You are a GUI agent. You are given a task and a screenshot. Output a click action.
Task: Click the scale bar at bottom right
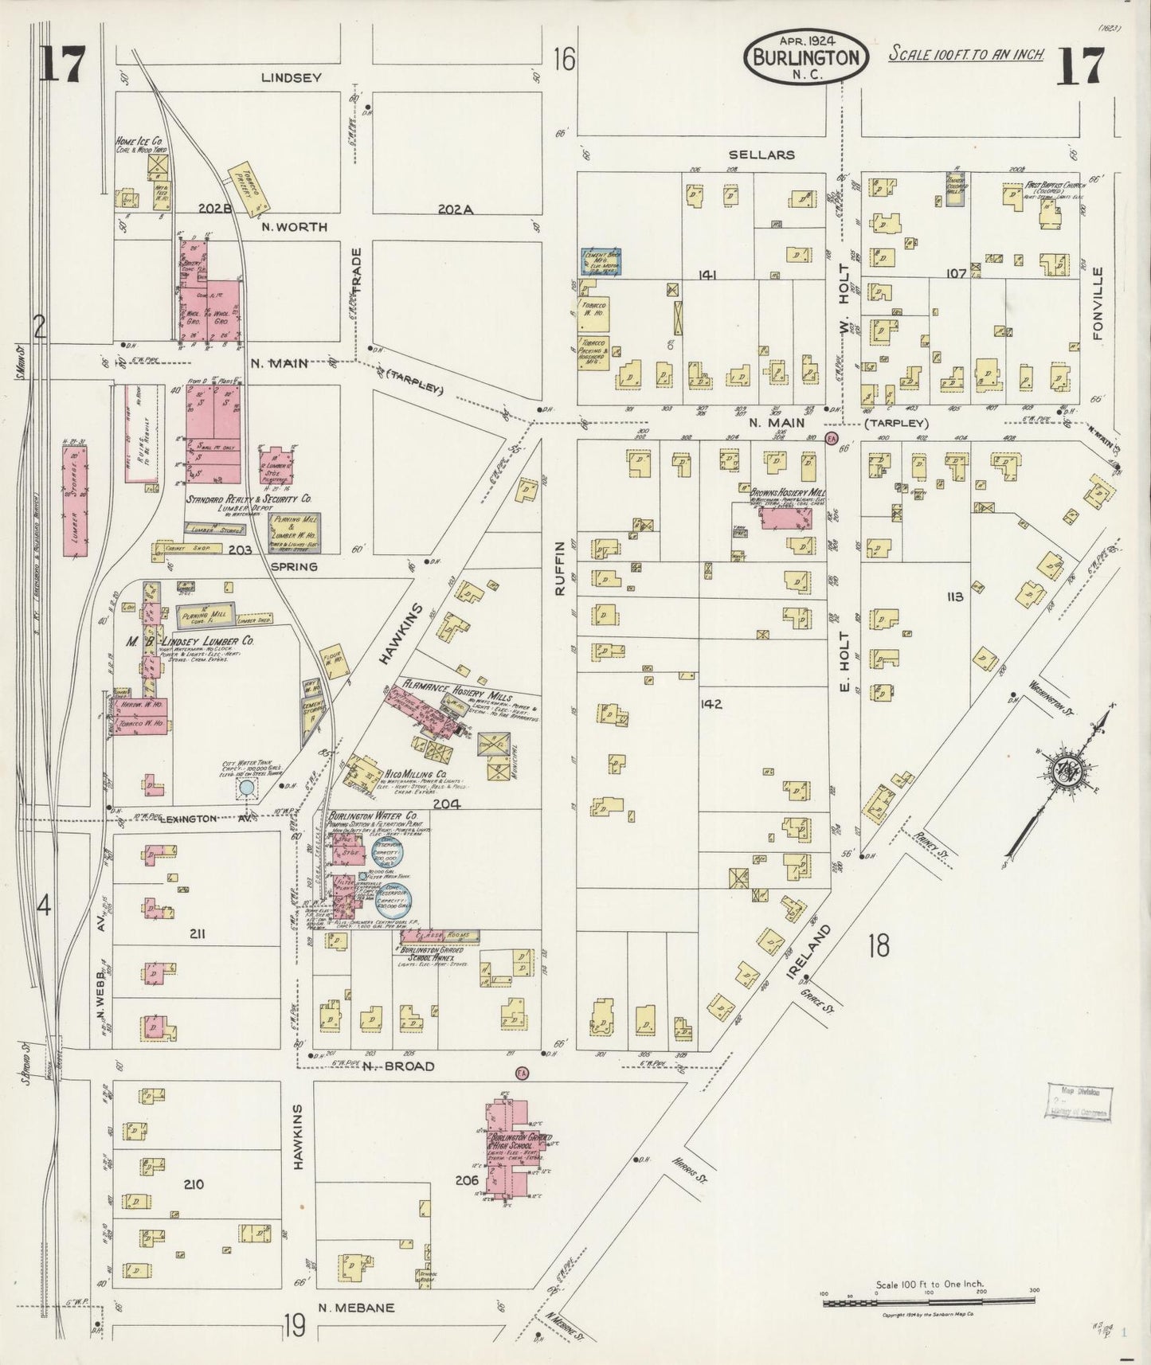pyautogui.click(x=929, y=1301)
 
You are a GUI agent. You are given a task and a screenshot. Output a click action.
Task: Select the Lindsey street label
pyautogui.click(x=292, y=77)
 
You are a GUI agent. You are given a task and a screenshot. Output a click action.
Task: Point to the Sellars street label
pyautogui.click(x=761, y=154)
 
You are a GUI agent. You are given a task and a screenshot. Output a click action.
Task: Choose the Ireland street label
pyautogui.click(x=819, y=953)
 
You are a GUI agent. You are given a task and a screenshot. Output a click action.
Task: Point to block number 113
pyautogui.click(x=954, y=596)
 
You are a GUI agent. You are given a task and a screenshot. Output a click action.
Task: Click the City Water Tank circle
pyautogui.click(x=247, y=788)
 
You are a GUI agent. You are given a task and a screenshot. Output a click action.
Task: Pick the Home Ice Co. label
pyautogui.click(x=141, y=139)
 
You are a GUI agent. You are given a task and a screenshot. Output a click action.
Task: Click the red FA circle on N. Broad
pyautogui.click(x=523, y=1072)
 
